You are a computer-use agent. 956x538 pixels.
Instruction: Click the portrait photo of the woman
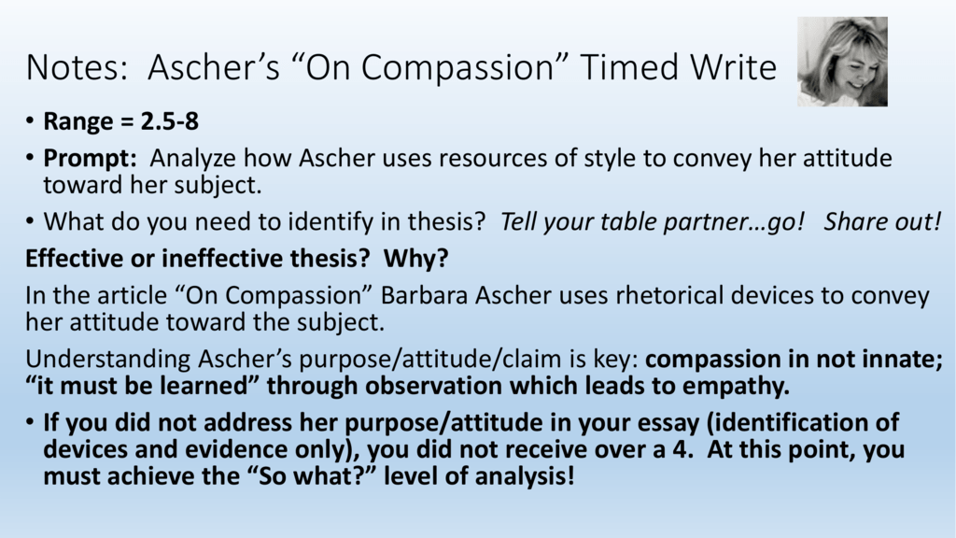(842, 62)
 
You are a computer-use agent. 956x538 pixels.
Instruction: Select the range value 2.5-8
(170, 120)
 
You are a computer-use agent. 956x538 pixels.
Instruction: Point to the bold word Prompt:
(91, 159)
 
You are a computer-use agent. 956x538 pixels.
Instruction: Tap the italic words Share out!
(883, 221)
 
